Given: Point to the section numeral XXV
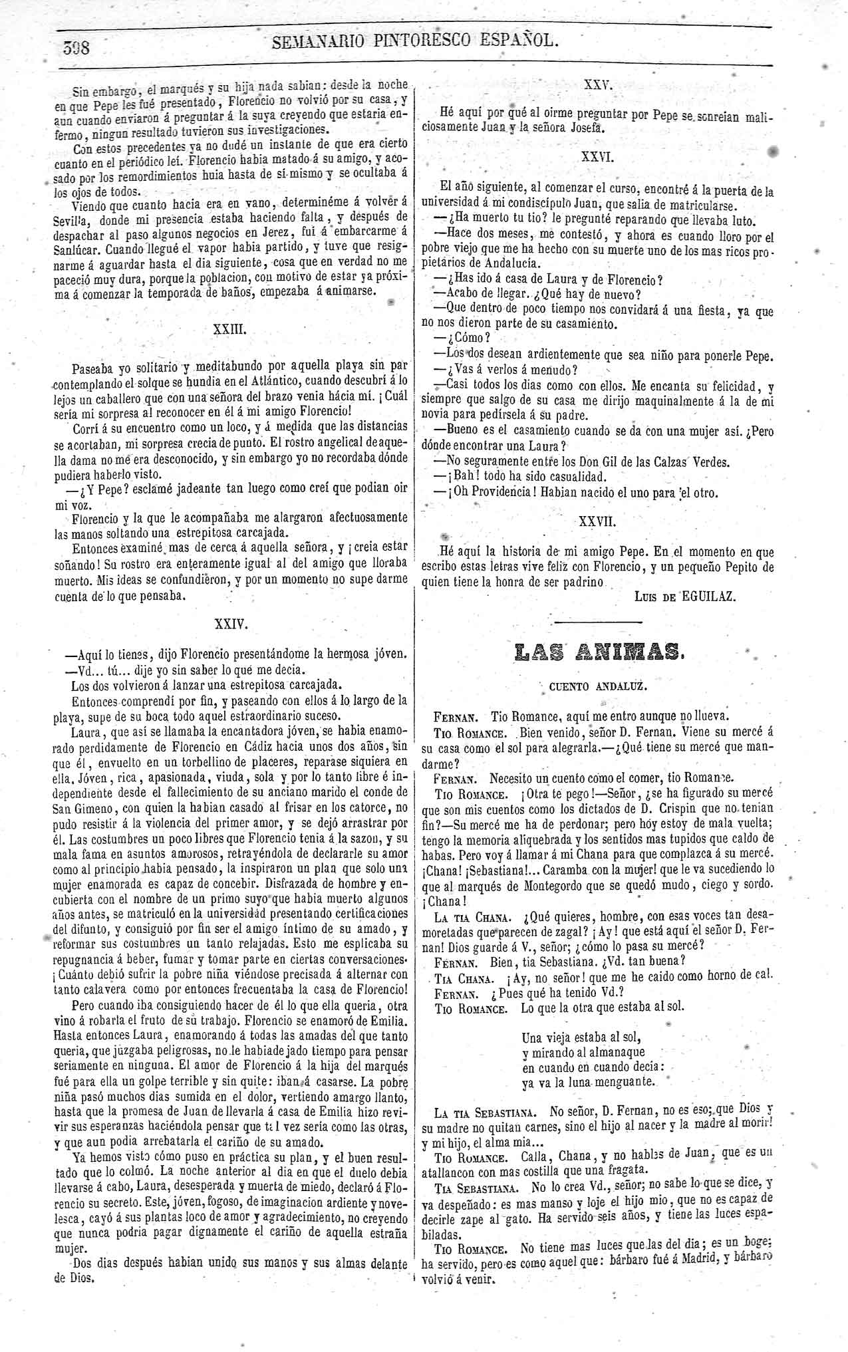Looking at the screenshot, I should click(597, 85).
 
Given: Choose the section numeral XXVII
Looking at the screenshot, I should click(598, 522).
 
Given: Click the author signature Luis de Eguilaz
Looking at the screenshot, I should click(685, 597).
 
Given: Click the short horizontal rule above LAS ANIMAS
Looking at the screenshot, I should click(598, 622).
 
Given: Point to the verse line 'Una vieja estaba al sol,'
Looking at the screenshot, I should click(581, 1036).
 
